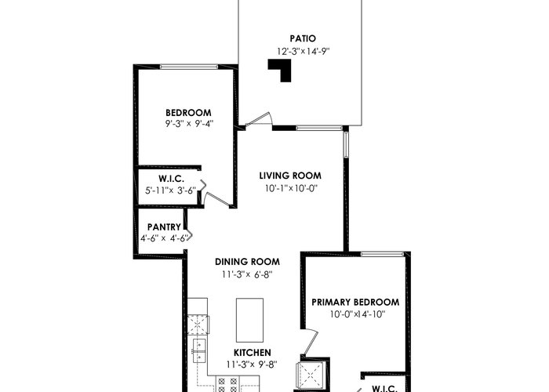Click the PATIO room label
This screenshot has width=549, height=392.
click(303, 38)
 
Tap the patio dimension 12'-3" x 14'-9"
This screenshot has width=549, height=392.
click(304, 52)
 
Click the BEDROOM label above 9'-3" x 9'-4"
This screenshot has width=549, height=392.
click(188, 113)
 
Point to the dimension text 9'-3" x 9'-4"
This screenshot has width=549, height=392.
click(189, 124)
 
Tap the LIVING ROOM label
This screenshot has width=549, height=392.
click(290, 176)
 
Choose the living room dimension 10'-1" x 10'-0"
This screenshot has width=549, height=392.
click(291, 189)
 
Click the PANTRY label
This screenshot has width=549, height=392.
click(164, 227)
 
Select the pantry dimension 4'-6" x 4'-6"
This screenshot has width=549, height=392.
click(164, 238)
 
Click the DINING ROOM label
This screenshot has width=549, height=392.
click(247, 262)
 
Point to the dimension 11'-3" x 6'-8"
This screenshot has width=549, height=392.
click(247, 274)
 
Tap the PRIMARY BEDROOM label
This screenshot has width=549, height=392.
click(355, 302)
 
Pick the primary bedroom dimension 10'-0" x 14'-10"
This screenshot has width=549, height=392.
click(358, 314)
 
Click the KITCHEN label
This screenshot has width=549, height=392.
click(252, 353)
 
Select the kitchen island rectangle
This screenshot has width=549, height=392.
click(249, 320)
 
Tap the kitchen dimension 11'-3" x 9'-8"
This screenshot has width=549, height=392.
click(252, 365)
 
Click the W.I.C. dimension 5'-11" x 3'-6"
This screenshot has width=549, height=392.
click(170, 191)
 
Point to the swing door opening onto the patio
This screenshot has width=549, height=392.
click(258, 120)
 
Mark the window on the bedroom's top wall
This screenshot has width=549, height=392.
click(189, 67)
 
